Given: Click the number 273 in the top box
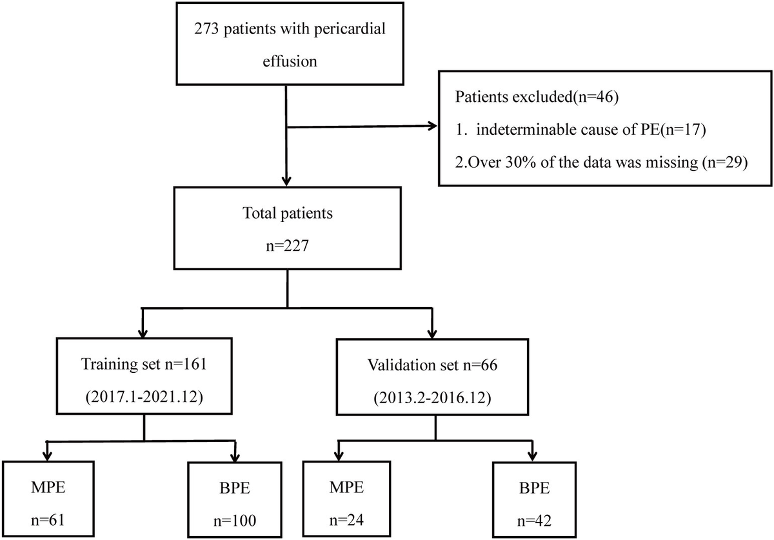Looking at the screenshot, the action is click(206, 28).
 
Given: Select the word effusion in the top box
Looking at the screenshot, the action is click(290, 61).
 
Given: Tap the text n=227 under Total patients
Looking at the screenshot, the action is click(287, 246).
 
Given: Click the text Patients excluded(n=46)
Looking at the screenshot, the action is click(537, 97).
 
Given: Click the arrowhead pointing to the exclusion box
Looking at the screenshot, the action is click(433, 126).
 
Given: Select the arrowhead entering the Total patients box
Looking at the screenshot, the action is click(286, 181).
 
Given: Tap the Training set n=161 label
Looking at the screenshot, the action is click(144, 364).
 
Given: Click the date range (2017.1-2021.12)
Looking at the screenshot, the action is click(144, 397).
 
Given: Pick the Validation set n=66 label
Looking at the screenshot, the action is click(432, 365).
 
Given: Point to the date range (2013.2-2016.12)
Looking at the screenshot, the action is click(432, 398).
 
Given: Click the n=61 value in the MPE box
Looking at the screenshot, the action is click(48, 520).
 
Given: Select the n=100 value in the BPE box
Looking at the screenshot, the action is click(235, 521).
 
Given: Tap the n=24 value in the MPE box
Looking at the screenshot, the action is click(346, 520).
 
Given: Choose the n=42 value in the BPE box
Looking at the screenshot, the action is click(534, 521).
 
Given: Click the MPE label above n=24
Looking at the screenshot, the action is click(346, 487).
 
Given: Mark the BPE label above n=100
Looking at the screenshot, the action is click(235, 488).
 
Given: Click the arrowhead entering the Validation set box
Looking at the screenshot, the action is click(432, 334).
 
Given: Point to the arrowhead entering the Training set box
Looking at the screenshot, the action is click(143, 334).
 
